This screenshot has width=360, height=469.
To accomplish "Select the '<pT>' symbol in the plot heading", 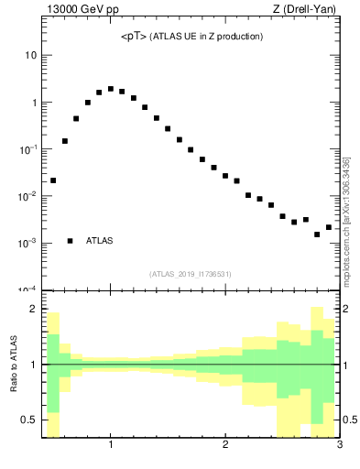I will pyautogui.click(x=135, y=37).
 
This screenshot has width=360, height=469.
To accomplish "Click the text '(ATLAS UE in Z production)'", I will pyautogui.click(x=207, y=37).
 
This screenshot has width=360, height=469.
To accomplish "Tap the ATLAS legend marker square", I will pyautogui.click(x=70, y=241).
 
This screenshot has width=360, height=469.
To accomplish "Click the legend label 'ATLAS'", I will pyautogui.click(x=100, y=241).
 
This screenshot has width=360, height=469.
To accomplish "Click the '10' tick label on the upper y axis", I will pyautogui.click(x=30, y=55).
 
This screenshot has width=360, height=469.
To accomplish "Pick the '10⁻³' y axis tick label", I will pyautogui.click(x=27, y=243).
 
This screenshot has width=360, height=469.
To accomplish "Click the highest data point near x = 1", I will pyautogui.click(x=111, y=89).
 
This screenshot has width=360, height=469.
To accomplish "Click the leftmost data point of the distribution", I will pyautogui.click(x=53, y=180).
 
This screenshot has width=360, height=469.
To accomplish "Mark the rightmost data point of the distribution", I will pyautogui.click(x=329, y=227).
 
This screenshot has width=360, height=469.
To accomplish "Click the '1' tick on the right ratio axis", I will pyautogui.click(x=347, y=365).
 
